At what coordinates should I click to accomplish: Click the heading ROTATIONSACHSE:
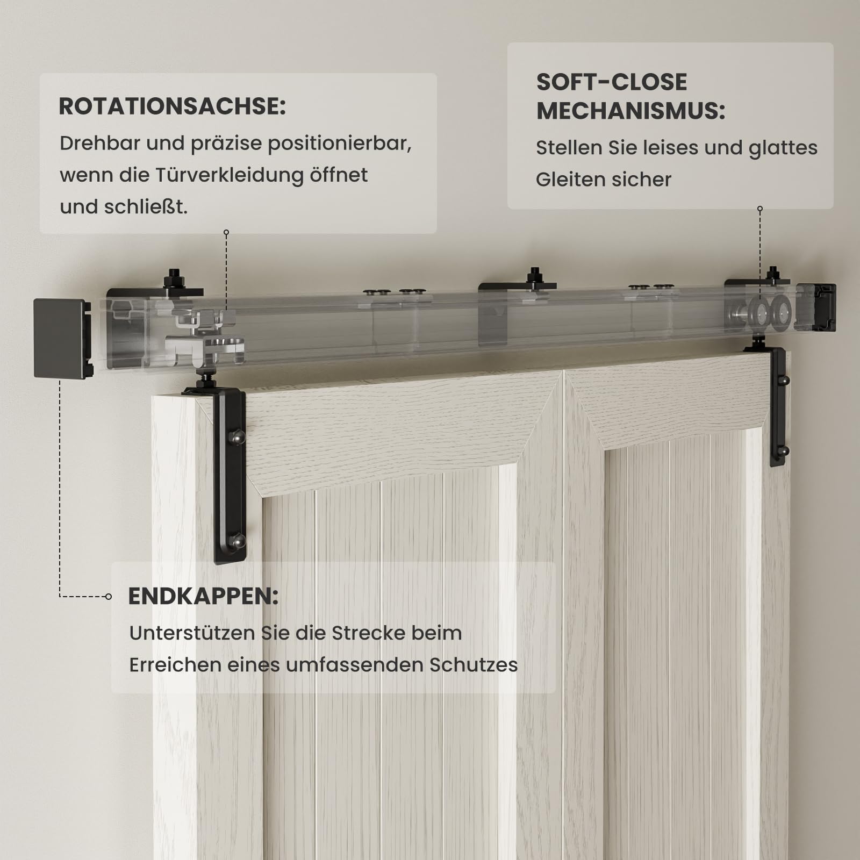click(x=172, y=106)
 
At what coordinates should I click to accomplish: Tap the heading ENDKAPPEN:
click(x=203, y=596)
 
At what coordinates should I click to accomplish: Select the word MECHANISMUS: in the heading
click(x=631, y=111)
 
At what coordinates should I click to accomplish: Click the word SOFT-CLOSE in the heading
click(x=612, y=82)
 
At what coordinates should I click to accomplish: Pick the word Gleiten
click(x=571, y=180)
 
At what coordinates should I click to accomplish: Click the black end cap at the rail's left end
click(x=62, y=338)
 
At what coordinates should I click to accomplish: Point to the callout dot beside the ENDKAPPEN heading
click(x=109, y=596)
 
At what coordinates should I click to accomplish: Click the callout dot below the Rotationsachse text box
click(x=226, y=233)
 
